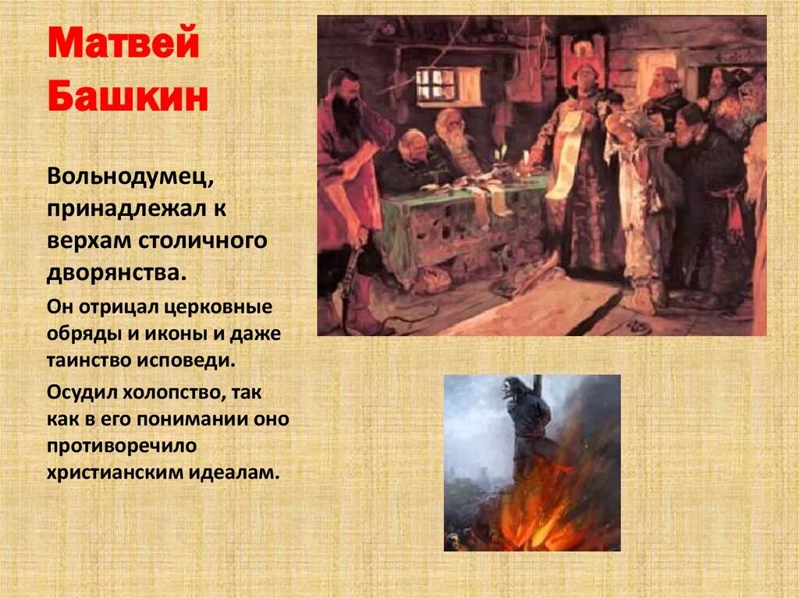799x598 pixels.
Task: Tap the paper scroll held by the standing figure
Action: coord(567,152)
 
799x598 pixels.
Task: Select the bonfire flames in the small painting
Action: coord(546,499)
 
